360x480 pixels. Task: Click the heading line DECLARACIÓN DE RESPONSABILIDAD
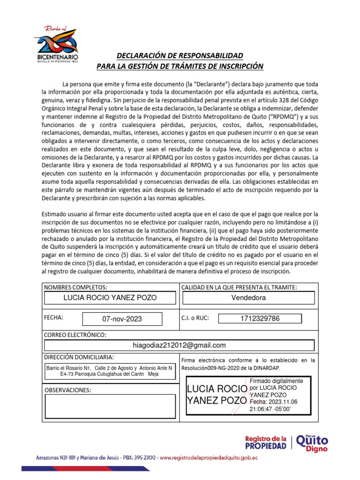click(180, 55)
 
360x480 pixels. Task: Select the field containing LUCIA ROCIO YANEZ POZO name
click(110, 298)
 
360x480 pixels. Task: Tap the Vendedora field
click(248, 298)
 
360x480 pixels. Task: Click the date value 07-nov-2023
click(122, 319)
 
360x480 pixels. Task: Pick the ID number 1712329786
click(260, 319)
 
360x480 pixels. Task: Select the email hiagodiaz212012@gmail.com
click(180, 345)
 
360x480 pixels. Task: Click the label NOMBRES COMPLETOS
click(75, 287)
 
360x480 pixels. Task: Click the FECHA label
click(53, 317)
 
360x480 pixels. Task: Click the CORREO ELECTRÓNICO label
click(75, 335)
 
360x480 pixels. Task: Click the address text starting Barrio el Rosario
click(110, 371)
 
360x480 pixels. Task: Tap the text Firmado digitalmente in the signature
click(276, 381)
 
